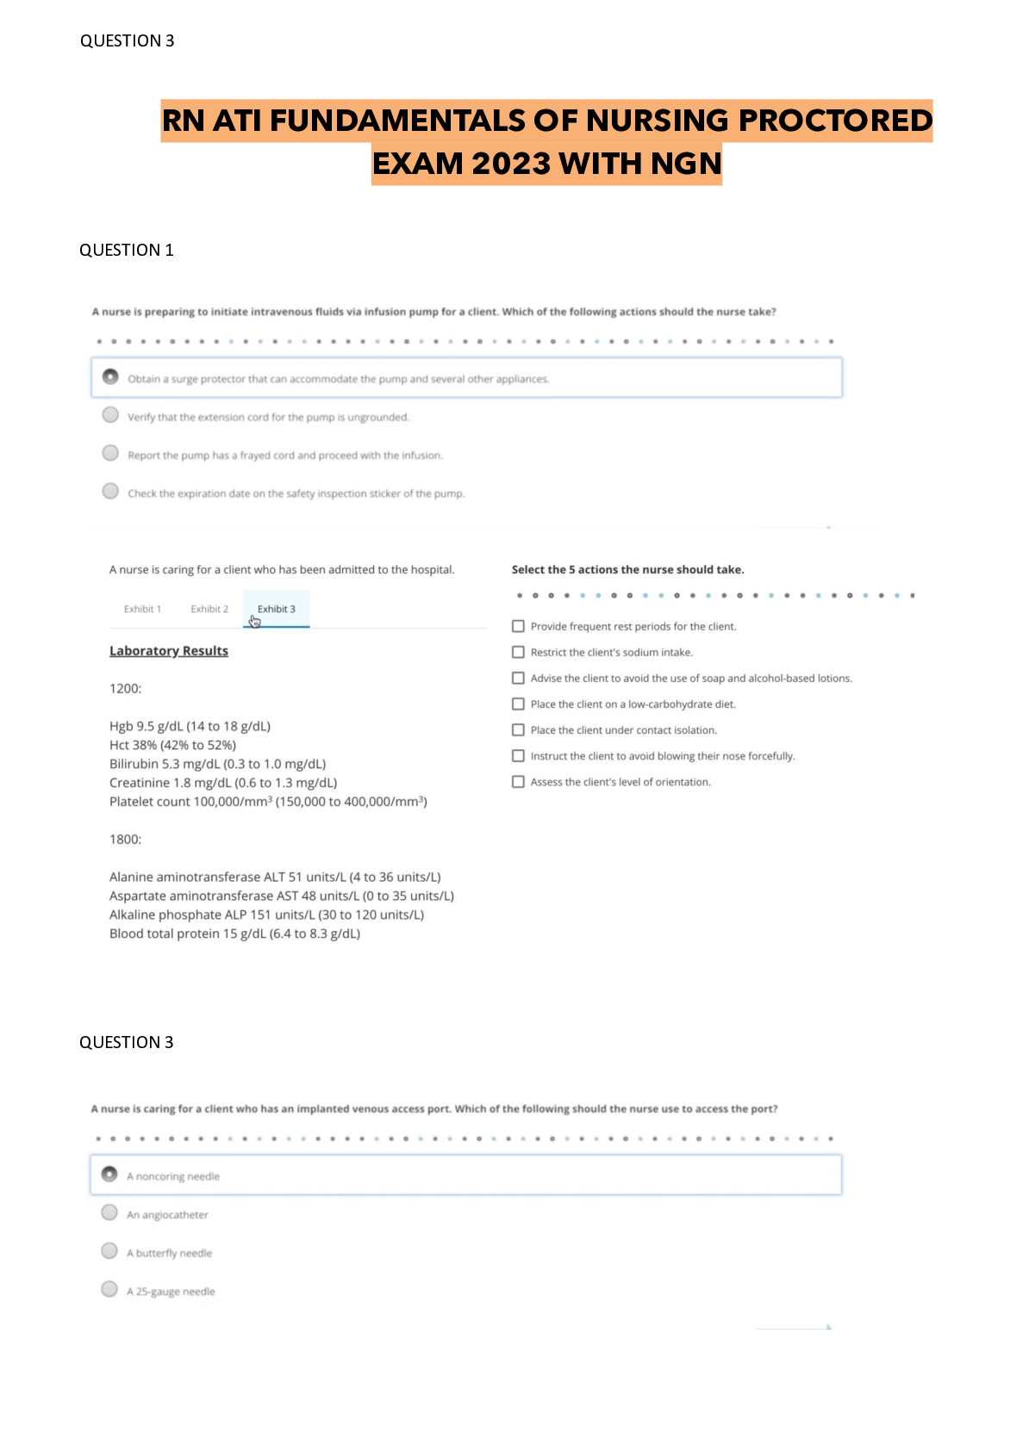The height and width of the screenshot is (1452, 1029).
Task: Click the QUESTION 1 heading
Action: point(127,250)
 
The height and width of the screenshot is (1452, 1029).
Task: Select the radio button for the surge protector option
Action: point(110,377)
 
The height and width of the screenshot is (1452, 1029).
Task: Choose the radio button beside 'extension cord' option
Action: point(110,415)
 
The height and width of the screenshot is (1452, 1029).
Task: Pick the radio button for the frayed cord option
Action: point(110,453)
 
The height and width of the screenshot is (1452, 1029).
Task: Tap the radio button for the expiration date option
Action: point(110,491)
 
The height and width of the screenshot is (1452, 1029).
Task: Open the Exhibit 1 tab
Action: point(142,609)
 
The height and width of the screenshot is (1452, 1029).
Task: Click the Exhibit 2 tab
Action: point(209,609)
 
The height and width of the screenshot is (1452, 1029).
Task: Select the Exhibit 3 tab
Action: point(276,609)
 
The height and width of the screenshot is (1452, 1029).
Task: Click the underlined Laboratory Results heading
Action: point(169,651)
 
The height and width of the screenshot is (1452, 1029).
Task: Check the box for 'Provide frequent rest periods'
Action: point(518,626)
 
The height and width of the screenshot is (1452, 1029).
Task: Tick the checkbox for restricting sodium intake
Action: point(518,652)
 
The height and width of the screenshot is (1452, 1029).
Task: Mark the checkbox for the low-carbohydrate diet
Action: point(518,704)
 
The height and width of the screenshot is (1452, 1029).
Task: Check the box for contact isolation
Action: point(518,729)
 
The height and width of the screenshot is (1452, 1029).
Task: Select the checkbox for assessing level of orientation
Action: point(518,781)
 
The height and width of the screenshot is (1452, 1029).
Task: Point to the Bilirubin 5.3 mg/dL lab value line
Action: point(217,764)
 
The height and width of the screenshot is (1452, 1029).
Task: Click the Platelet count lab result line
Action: point(268,802)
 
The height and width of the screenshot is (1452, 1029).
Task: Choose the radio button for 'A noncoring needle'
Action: point(109,1175)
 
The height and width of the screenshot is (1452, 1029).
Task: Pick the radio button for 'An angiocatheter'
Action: point(109,1213)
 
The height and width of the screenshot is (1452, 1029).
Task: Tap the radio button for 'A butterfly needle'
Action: point(109,1250)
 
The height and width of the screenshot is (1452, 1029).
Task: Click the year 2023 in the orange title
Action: point(511,164)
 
